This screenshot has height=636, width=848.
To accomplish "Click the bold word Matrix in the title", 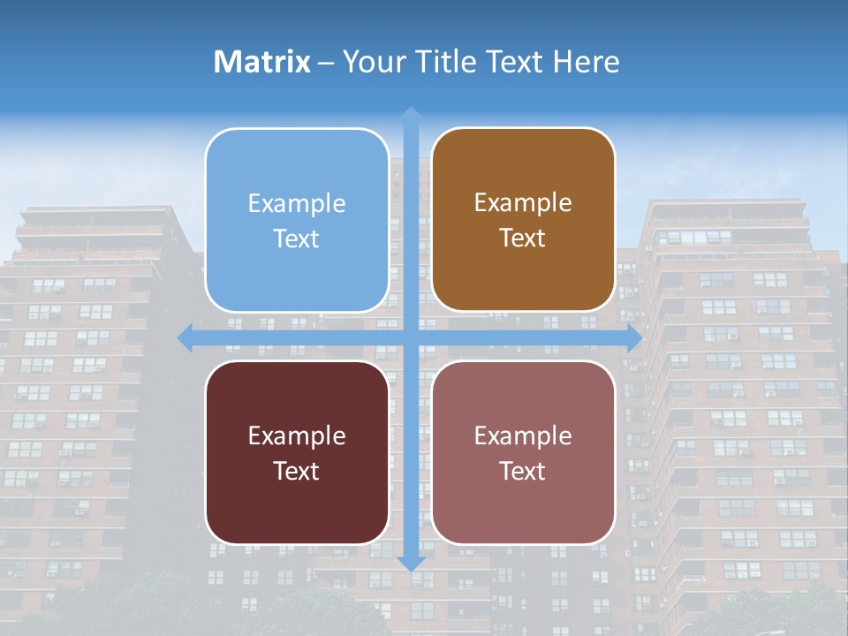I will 262,62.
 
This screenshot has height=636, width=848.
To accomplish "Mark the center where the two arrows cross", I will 411,337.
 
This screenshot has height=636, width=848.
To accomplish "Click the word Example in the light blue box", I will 297,204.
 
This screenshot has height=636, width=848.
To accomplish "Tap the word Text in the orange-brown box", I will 523,238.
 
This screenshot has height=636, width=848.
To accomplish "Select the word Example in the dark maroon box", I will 297,436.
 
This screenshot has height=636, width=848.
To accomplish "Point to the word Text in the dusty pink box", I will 523,471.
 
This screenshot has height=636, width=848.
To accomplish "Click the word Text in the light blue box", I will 297,239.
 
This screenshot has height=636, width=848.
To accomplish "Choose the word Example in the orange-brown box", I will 523,203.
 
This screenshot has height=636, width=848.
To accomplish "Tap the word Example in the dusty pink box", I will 523,436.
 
